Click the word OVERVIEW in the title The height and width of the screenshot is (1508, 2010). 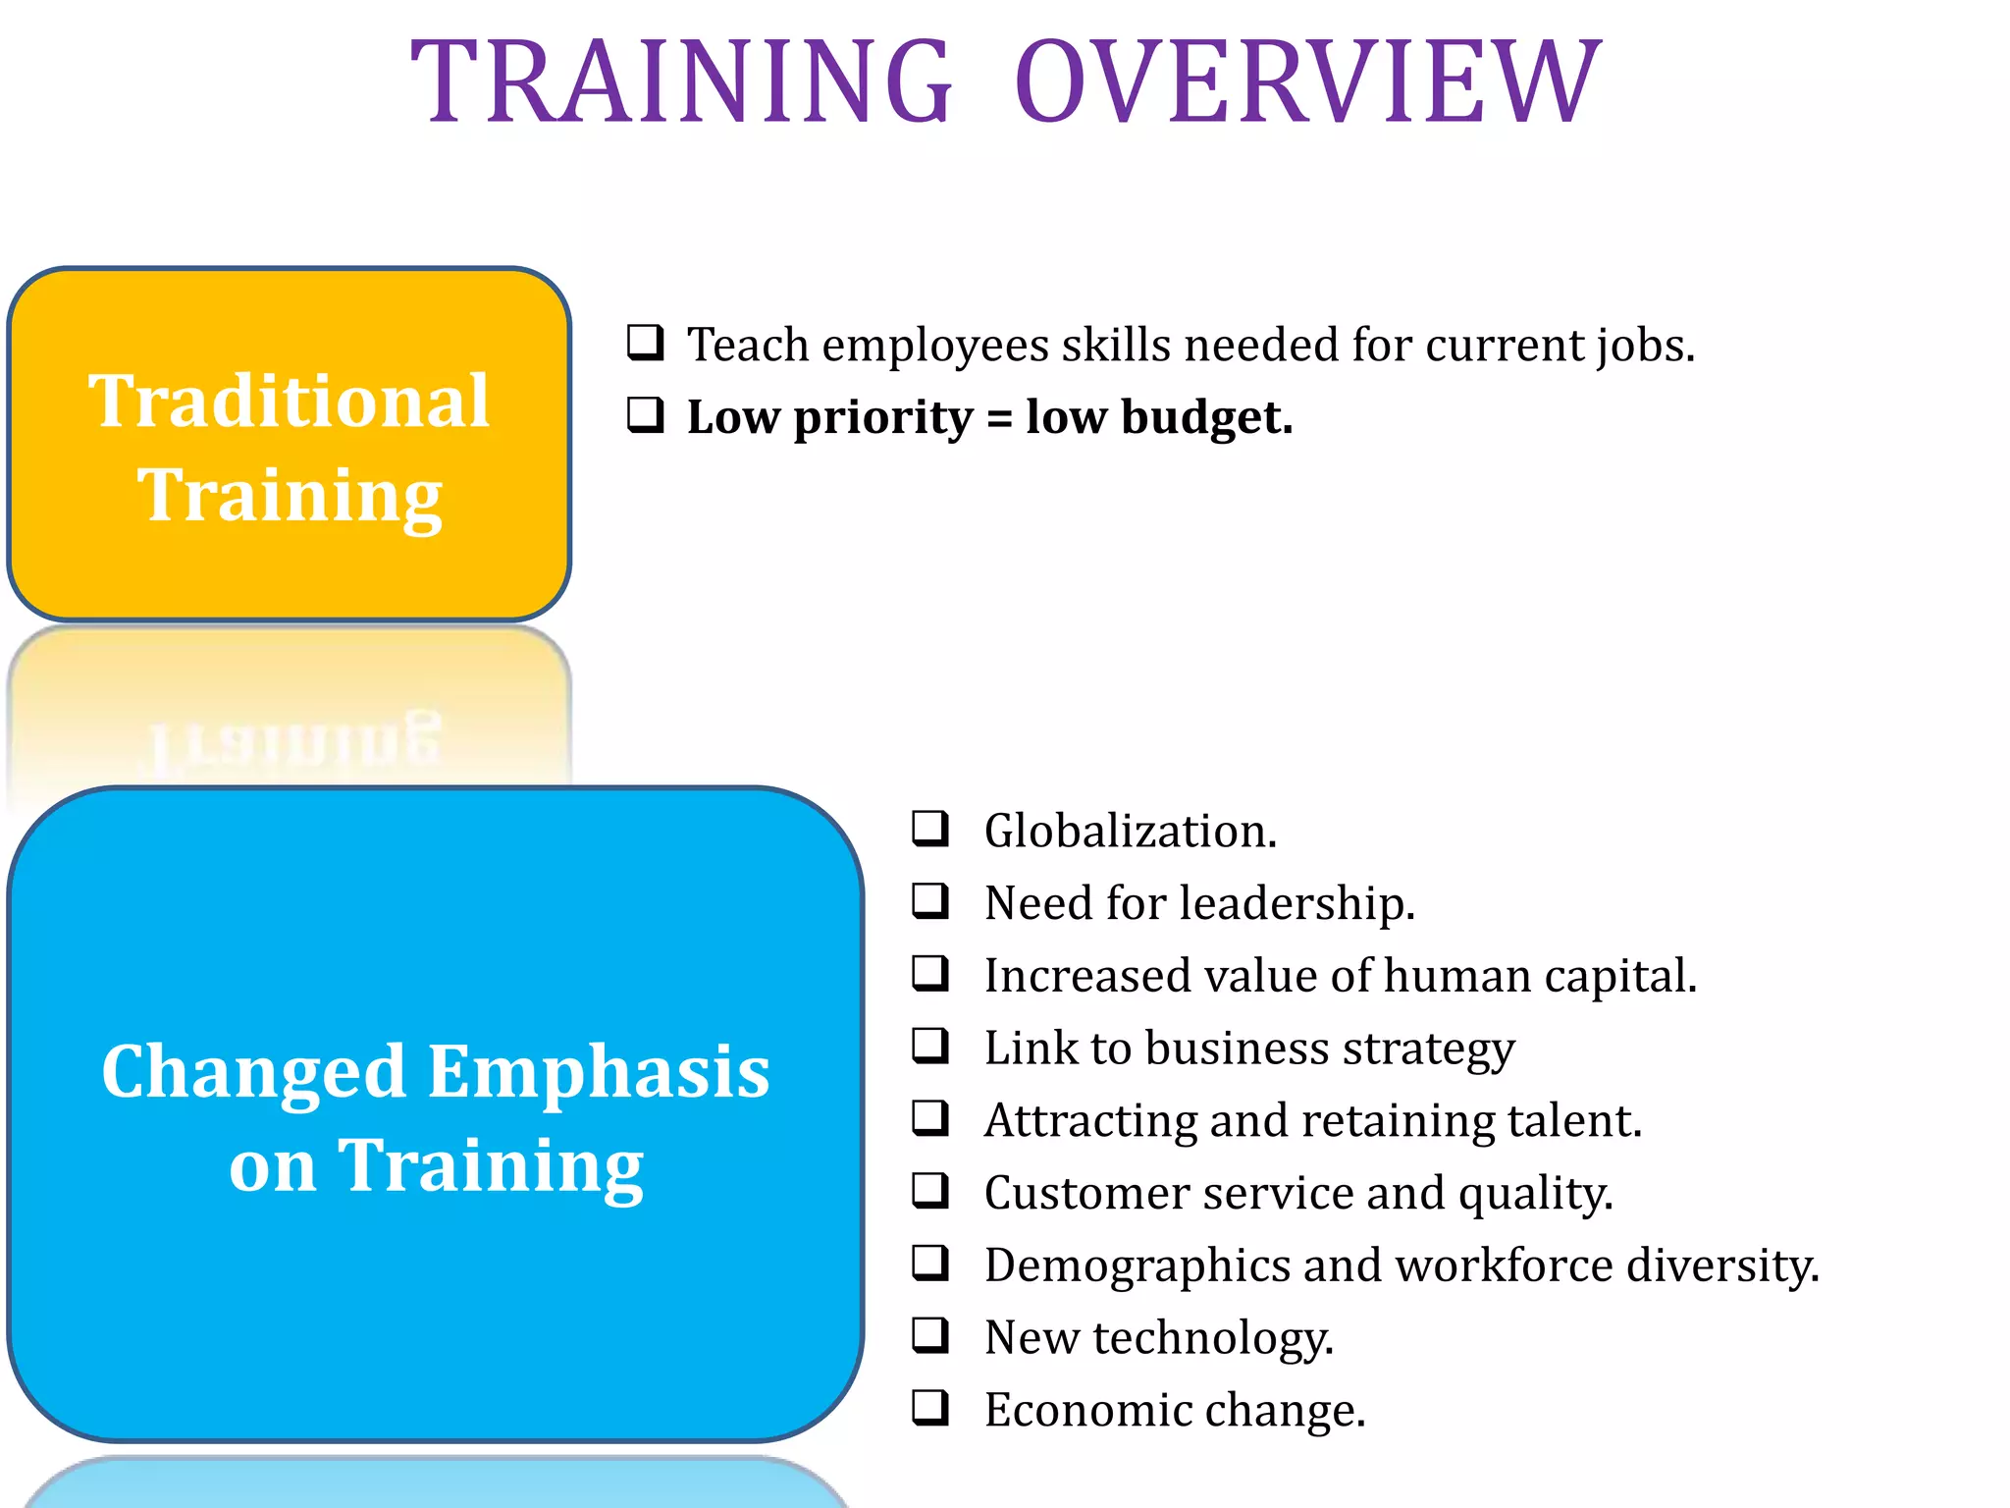1307,82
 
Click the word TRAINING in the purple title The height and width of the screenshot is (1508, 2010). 681,82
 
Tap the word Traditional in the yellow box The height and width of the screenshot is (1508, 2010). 289,402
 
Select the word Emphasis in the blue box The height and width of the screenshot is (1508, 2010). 599,1072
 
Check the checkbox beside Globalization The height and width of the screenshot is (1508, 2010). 929,829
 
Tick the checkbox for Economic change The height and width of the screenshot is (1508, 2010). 929,1407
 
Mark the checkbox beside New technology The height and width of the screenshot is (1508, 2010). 929,1334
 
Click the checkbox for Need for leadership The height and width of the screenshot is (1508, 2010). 929,900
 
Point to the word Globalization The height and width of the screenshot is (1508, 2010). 1130,832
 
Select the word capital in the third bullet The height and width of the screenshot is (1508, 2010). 1619,977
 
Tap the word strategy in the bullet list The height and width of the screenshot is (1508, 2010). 1428,1050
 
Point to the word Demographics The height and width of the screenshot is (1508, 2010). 1137,1266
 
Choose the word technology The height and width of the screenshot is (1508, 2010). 1213,1338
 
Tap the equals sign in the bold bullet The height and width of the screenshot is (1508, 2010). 999,419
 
